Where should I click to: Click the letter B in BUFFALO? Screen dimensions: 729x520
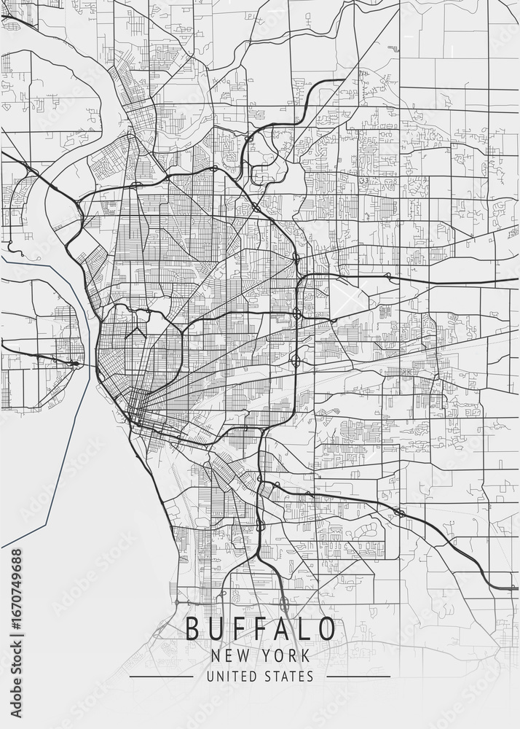193,628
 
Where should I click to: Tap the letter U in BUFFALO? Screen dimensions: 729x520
216,628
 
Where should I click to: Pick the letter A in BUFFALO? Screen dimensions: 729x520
282,628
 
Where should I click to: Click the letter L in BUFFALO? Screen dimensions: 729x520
304,628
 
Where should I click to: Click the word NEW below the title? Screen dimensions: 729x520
226,655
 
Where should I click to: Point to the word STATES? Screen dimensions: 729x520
290,677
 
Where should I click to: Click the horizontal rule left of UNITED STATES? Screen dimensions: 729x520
162,677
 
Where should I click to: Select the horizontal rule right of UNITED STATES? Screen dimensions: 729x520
358,677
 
